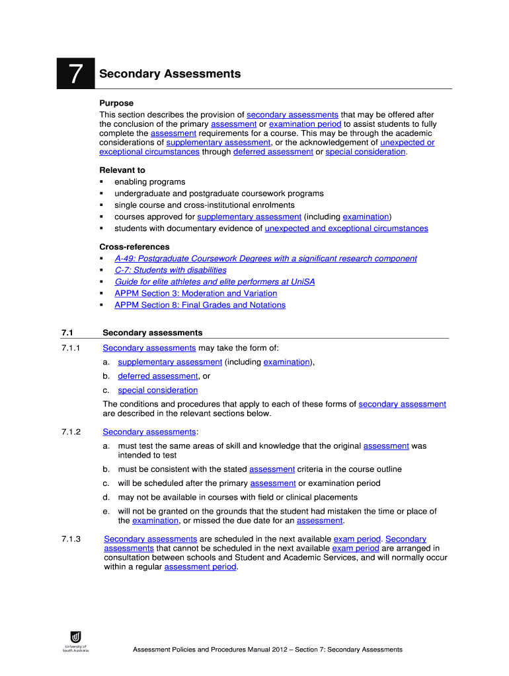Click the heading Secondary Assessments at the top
170,74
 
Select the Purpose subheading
116,103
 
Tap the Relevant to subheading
122,170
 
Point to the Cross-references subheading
134,247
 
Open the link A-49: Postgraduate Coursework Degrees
265,259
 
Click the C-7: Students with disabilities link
170,270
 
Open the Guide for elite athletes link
214,282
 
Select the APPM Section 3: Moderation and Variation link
196,293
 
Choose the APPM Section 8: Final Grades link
200,305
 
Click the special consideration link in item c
157,390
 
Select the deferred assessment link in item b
157,376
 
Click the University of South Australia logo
75,640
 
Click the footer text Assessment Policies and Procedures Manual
268,650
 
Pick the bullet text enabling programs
149,182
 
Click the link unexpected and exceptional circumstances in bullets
346,228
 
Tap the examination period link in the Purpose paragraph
305,124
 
